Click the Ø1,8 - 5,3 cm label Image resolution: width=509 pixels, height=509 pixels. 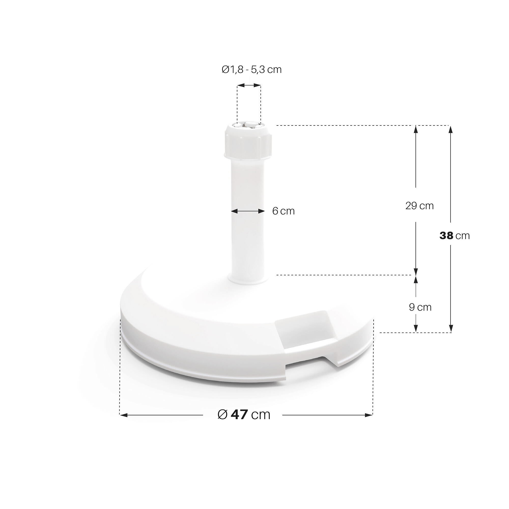(252, 69)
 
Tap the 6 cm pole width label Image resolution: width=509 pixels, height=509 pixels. (283, 211)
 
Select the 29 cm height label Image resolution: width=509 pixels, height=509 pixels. (419, 206)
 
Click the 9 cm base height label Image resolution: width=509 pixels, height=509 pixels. (420, 307)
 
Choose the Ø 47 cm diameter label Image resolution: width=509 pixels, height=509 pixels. (244, 415)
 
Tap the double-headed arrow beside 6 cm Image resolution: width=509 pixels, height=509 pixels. (248, 211)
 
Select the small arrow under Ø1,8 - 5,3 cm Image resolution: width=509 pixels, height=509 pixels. (249, 85)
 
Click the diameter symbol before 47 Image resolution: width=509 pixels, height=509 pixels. (223, 415)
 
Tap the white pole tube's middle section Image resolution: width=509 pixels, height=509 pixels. (247, 224)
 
